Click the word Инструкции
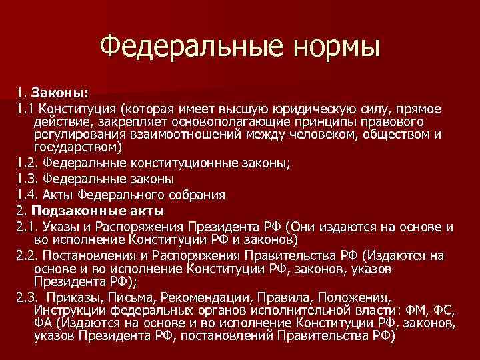(x=65, y=311)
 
